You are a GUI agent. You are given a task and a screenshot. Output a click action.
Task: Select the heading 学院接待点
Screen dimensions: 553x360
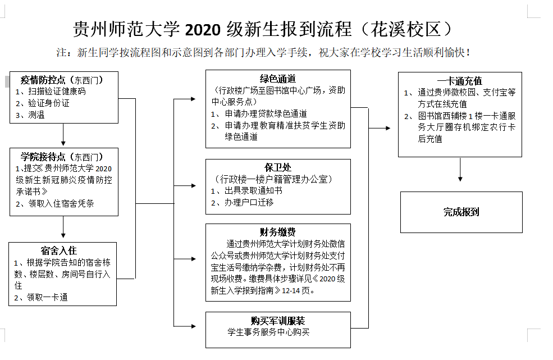(x=43, y=157)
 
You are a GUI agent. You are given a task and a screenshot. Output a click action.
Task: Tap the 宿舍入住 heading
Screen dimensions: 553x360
(x=59, y=250)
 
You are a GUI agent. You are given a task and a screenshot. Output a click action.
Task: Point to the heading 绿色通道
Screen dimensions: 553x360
(x=278, y=79)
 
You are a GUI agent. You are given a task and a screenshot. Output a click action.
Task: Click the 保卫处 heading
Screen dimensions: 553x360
(x=278, y=167)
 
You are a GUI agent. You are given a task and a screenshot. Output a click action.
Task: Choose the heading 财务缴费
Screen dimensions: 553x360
(x=278, y=232)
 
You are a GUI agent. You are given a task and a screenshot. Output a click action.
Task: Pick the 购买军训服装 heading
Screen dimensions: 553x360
(x=278, y=321)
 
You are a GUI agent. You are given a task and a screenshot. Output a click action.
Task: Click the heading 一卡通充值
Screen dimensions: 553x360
(x=460, y=81)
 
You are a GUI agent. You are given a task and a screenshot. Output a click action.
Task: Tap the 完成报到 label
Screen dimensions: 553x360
(x=461, y=212)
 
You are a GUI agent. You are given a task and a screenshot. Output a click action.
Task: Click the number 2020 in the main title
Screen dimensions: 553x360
(x=203, y=30)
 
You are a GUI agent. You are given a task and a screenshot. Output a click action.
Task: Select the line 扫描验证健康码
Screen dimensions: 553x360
(x=57, y=92)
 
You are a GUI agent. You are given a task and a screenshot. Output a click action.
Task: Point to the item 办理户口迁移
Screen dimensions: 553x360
(x=249, y=202)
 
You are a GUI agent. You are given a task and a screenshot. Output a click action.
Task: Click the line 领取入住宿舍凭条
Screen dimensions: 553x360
(x=61, y=203)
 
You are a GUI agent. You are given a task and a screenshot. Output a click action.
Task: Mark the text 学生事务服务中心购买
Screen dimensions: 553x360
(x=268, y=332)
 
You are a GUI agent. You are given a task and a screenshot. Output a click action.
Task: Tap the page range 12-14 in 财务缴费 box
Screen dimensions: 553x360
(x=291, y=290)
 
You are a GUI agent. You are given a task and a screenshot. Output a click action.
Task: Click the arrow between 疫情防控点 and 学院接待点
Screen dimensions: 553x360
(x=63, y=135)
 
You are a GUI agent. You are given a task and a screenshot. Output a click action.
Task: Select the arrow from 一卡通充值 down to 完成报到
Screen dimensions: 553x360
(x=460, y=170)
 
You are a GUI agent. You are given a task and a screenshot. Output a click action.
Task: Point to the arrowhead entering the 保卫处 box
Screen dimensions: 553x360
(x=193, y=186)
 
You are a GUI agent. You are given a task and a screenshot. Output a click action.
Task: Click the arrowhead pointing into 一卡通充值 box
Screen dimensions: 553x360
(x=388, y=128)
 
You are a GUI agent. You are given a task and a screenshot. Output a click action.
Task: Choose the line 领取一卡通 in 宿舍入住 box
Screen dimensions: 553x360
(x=47, y=297)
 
